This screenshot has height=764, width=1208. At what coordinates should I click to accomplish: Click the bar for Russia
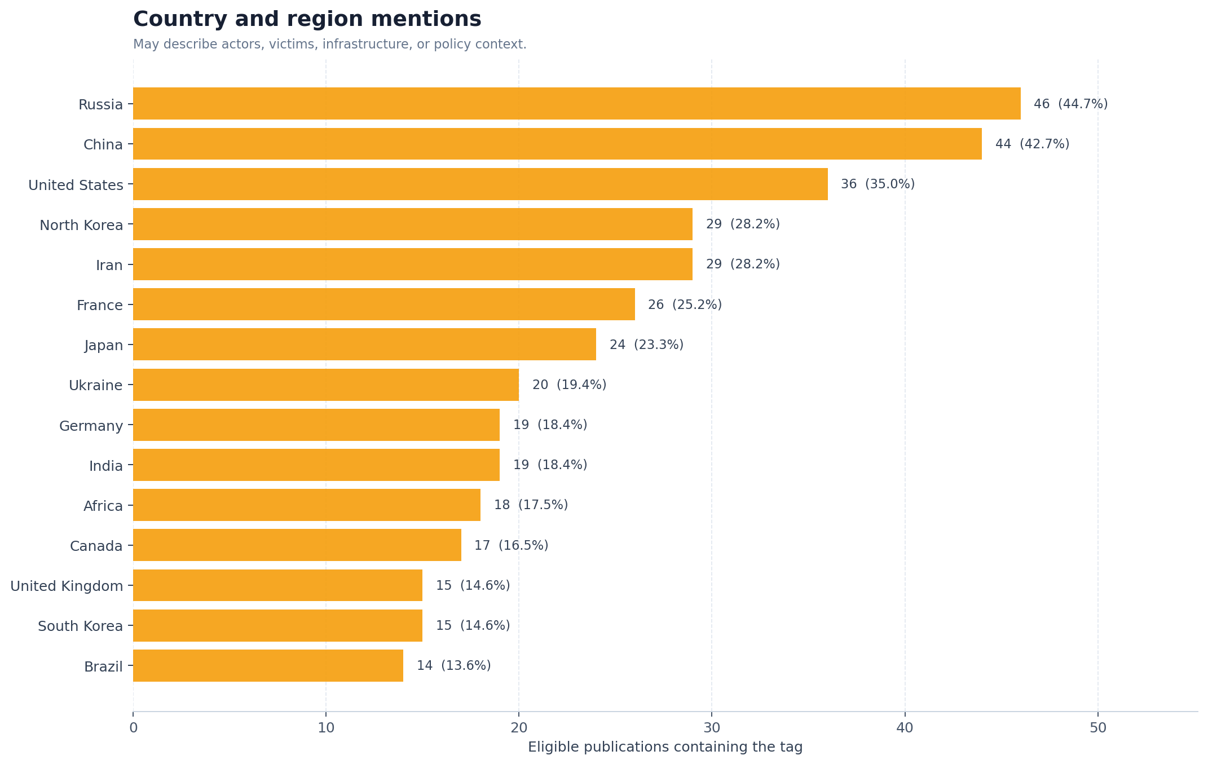[576, 104]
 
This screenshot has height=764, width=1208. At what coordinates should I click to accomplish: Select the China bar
[557, 144]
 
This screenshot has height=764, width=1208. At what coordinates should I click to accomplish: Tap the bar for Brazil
[268, 666]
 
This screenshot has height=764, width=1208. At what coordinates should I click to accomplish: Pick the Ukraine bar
[326, 385]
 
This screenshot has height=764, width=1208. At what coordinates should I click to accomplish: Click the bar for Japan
[364, 345]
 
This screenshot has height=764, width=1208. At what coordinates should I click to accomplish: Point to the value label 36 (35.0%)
[878, 184]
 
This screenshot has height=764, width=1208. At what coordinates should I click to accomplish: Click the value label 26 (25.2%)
[685, 305]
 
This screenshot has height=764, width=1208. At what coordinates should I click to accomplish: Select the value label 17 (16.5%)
[511, 546]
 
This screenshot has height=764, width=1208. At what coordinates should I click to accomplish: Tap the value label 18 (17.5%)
[531, 505]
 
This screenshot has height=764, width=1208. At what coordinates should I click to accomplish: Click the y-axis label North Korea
[81, 226]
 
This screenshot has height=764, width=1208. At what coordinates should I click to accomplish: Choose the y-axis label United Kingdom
[67, 586]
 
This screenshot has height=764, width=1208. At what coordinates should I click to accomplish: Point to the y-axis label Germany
[91, 426]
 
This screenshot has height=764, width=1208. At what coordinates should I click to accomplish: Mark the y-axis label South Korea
[80, 626]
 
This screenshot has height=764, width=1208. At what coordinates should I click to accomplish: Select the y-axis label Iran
[109, 266]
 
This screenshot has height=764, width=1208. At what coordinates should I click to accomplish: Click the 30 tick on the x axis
[712, 728]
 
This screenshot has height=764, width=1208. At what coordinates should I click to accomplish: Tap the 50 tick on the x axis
[1098, 728]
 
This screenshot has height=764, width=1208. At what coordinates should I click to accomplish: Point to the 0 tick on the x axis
[133, 728]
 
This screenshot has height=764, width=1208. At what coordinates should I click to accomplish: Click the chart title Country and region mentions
[307, 19]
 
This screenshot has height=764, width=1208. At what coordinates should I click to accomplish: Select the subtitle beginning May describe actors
[330, 45]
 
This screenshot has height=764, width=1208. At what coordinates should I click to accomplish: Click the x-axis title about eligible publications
[665, 748]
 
